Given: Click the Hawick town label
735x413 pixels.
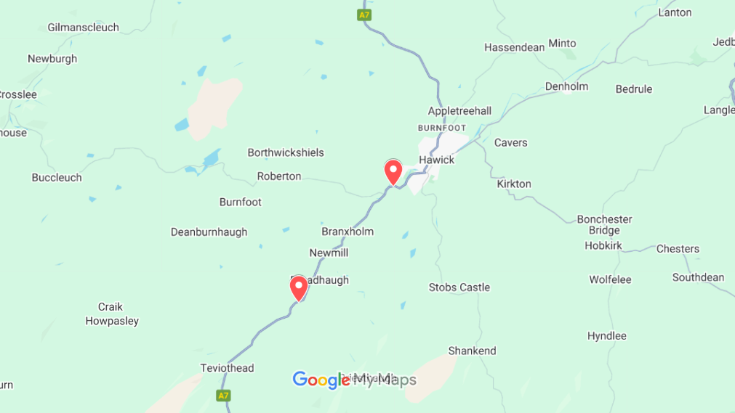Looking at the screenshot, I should pyautogui.click(x=436, y=160).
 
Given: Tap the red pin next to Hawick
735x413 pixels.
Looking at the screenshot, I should pyautogui.click(x=393, y=172).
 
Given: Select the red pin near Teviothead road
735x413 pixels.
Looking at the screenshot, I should pyautogui.click(x=299, y=288).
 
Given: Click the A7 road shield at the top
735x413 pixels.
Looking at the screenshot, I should pyautogui.click(x=364, y=15).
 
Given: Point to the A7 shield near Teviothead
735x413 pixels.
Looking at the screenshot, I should pyautogui.click(x=223, y=396).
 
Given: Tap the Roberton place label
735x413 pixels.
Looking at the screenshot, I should pyautogui.click(x=279, y=176).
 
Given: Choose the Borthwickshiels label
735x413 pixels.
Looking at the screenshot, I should pyautogui.click(x=286, y=152).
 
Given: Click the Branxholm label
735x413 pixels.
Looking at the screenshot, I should pyautogui.click(x=348, y=232).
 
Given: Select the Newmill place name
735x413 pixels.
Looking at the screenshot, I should pyautogui.click(x=329, y=253).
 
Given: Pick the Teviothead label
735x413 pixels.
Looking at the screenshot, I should pyautogui.click(x=228, y=368).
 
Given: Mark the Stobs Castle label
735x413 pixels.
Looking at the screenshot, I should pyautogui.click(x=459, y=287).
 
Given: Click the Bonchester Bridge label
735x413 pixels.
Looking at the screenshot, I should pyautogui.click(x=604, y=225).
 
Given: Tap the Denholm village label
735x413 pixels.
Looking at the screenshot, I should pyautogui.click(x=566, y=86).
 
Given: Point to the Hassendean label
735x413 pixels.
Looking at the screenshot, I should pyautogui.click(x=515, y=47).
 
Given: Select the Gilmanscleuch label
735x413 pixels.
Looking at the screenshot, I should pyautogui.click(x=84, y=28).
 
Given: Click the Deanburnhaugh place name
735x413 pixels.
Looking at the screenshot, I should pyautogui.click(x=209, y=232).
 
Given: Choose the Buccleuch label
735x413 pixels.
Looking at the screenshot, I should pyautogui.click(x=57, y=177).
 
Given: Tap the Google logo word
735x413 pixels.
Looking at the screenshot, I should pyautogui.click(x=321, y=380).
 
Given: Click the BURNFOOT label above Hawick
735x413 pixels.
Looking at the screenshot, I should pyautogui.click(x=442, y=128).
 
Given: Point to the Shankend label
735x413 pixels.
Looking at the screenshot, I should pyautogui.click(x=473, y=351).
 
